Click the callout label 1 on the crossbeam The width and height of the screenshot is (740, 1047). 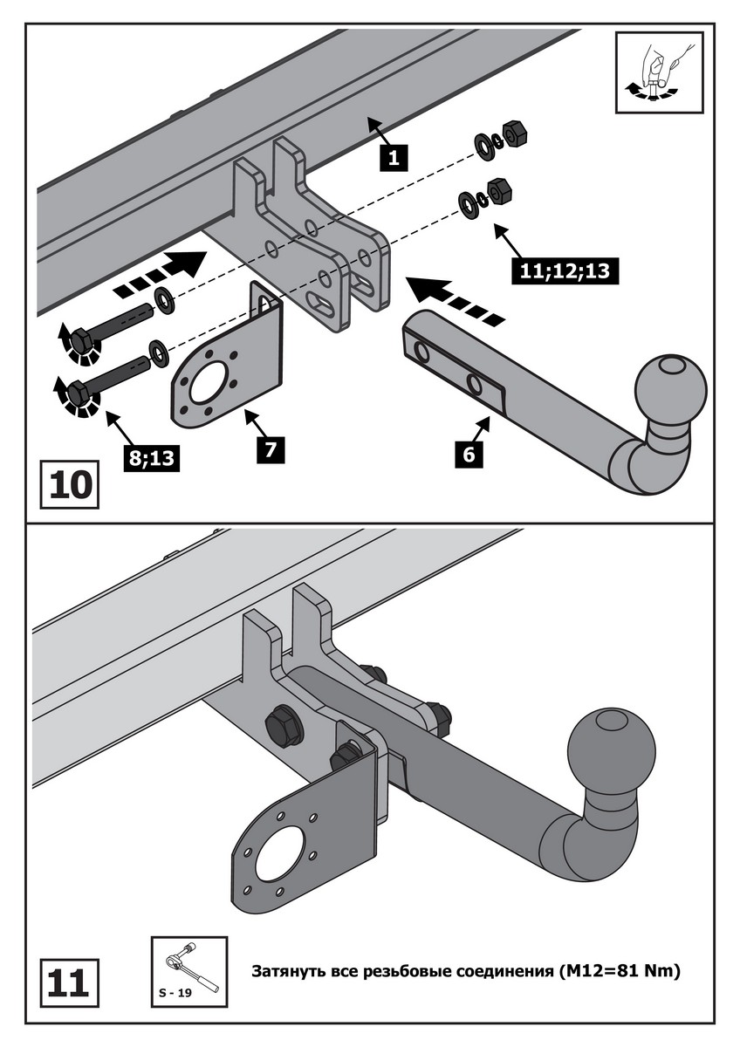[394, 158]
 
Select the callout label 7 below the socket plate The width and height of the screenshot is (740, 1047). [271, 448]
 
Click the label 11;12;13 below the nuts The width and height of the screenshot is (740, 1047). [565, 270]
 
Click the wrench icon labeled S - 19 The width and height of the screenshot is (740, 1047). [188, 968]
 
